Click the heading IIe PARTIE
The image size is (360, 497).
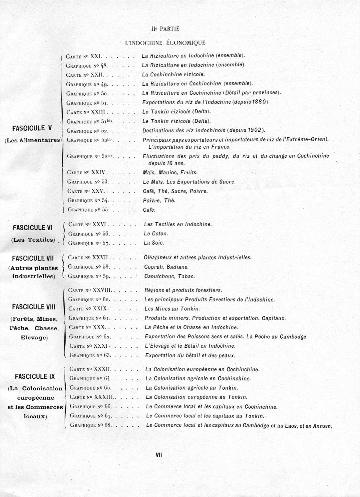165,29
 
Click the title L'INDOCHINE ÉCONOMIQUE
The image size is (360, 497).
165,43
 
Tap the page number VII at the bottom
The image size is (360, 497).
159,455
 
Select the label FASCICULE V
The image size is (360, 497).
32,128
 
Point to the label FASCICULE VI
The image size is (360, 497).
33,228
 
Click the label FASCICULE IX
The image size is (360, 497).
35,377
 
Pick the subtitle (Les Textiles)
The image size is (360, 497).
33,240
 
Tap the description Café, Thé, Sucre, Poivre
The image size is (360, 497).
175,191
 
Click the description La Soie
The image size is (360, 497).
154,243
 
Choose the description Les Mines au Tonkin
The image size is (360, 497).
172,309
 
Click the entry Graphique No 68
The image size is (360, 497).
91,425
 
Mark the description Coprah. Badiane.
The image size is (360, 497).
166,267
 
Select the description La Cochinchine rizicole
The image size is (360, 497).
173,75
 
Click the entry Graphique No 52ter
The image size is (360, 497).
90,156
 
